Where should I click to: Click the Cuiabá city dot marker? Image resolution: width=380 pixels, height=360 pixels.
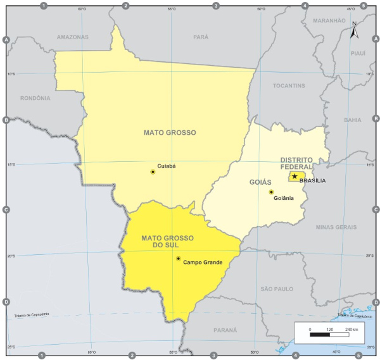[x=153, y=171]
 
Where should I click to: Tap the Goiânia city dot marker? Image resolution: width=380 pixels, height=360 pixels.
[x=271, y=192]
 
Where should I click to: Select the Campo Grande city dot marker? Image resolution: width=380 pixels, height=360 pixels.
[x=179, y=258]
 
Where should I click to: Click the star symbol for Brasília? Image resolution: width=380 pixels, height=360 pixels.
[x=294, y=176]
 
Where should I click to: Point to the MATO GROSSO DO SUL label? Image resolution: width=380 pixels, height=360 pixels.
[x=168, y=241]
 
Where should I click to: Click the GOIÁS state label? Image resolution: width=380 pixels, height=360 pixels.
[x=260, y=182]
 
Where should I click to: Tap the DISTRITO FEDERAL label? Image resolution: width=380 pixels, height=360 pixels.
[x=297, y=163]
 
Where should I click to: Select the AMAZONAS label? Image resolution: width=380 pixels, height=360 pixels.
[x=73, y=37]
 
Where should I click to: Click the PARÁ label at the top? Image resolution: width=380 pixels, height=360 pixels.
[x=201, y=37]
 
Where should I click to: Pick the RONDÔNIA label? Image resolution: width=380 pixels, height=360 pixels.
[x=35, y=98]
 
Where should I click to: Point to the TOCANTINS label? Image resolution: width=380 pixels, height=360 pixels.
[x=289, y=85]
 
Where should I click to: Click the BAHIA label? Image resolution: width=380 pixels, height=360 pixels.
[x=352, y=120]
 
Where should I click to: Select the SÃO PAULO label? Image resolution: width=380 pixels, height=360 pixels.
[x=277, y=289]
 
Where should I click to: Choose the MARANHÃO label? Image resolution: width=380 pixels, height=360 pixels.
[x=329, y=21]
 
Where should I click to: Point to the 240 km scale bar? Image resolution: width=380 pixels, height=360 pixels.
[x=329, y=335]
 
